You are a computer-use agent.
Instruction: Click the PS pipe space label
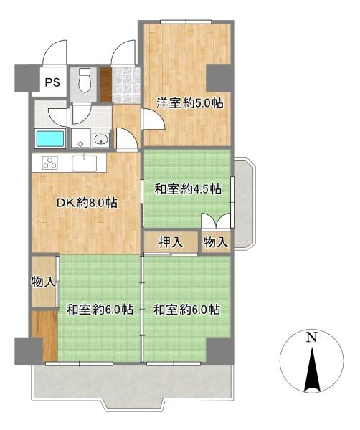[52, 82]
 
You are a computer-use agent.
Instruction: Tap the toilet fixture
[84, 80]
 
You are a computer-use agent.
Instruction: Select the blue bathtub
[50, 139]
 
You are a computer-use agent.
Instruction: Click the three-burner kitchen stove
[50, 163]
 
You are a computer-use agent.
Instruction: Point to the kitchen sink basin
[84, 163]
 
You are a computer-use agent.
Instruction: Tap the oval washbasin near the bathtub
[100, 140]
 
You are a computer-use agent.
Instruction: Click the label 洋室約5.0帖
[189, 103]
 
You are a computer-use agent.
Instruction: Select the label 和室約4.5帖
[188, 189]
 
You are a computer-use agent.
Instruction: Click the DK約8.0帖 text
[87, 203]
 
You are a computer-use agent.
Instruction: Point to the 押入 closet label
[171, 242]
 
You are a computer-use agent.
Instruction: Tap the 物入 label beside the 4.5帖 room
[216, 242]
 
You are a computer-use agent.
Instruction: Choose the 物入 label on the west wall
[43, 282]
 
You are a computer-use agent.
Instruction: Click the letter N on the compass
[311, 338]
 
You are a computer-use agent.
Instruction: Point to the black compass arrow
[312, 371]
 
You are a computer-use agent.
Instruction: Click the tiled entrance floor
[125, 85]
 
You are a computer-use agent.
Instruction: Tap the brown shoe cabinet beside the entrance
[106, 85]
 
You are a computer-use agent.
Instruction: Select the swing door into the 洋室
[153, 119]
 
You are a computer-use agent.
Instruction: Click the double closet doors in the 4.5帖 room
[216, 221]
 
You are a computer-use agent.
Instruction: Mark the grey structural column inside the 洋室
[218, 78]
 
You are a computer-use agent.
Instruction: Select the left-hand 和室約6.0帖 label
[100, 310]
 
